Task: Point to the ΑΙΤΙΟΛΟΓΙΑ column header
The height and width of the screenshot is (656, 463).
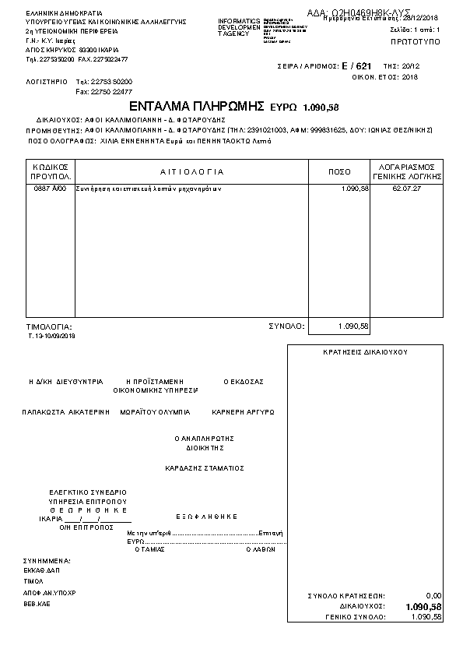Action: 191,171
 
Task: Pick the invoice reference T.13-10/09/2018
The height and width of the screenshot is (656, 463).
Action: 51,336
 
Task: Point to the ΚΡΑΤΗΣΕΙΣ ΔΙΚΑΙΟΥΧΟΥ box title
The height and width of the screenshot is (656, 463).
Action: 365,352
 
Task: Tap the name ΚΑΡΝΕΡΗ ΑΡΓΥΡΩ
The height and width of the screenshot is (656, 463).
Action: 243,411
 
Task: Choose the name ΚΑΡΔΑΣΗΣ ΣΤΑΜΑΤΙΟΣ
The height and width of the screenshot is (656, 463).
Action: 205,468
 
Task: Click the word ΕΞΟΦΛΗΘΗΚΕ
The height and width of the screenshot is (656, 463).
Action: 206,517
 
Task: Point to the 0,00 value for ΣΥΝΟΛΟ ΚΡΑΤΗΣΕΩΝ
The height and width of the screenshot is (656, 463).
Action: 433,595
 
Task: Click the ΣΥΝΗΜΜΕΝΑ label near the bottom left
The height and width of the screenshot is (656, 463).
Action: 47,561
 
